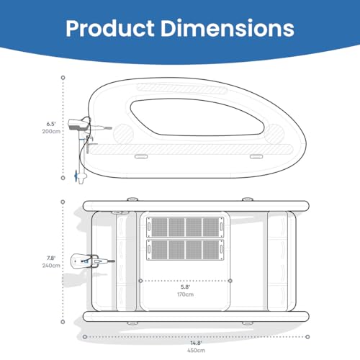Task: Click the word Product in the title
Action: [x=110, y=28]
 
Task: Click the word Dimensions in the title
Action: [x=228, y=28]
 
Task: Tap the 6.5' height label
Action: [x=51, y=124]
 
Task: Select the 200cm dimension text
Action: [x=51, y=131]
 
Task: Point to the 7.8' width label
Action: [x=51, y=258]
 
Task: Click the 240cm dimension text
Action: [x=51, y=266]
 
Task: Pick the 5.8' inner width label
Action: [x=185, y=287]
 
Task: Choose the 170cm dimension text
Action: [x=185, y=294]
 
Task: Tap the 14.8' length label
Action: [x=196, y=343]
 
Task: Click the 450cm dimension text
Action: [x=196, y=351]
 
